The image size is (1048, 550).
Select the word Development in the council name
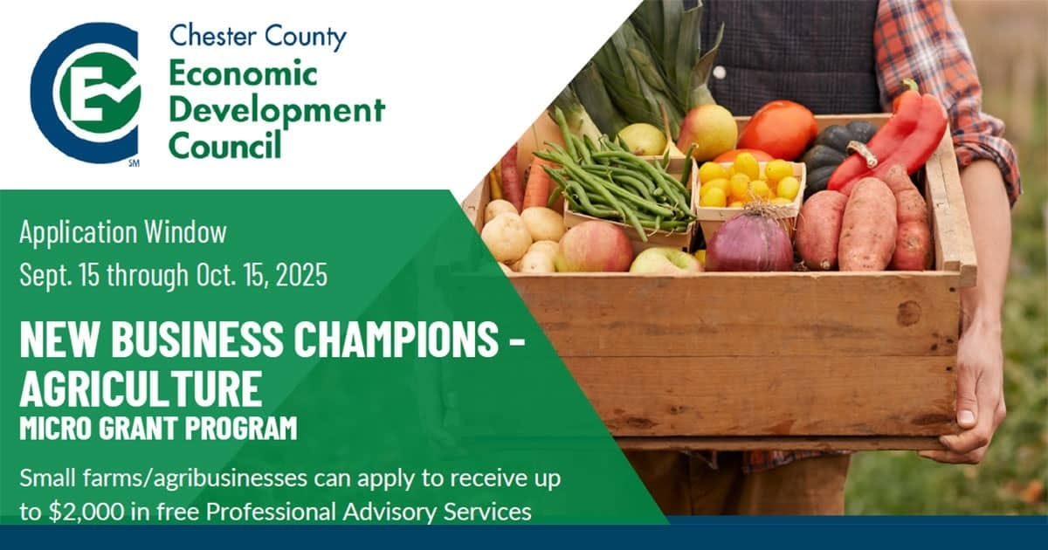click(277, 113)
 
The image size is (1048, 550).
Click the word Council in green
click(225, 144)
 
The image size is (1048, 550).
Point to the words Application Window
click(123, 232)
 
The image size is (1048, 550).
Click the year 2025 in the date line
click(301, 274)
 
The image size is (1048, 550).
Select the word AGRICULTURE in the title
click(141, 388)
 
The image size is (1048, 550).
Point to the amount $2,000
click(87, 512)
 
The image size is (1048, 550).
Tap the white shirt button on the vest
click(719, 72)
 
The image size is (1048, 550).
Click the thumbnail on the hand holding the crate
click(966, 416)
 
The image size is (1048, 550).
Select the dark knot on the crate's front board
click(908, 313)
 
